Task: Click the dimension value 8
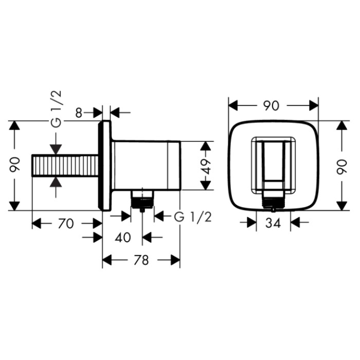pyautogui.click(x=79, y=113)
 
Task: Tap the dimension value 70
pyautogui.click(x=66, y=223)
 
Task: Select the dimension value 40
pyautogui.click(x=123, y=237)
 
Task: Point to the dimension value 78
pyautogui.click(x=141, y=260)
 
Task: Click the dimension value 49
pyautogui.click(x=206, y=166)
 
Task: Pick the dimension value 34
pyautogui.click(x=273, y=223)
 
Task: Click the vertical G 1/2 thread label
pyautogui.click(x=57, y=109)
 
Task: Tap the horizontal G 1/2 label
pyautogui.click(x=193, y=217)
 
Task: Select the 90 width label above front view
pyautogui.click(x=271, y=105)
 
